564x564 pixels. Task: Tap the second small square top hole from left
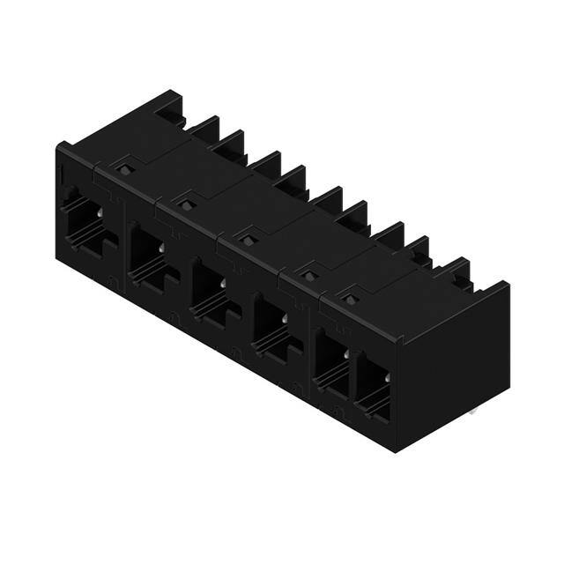click(186, 204)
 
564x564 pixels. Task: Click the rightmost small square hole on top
click(352, 300)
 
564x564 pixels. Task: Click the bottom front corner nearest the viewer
click(396, 449)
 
